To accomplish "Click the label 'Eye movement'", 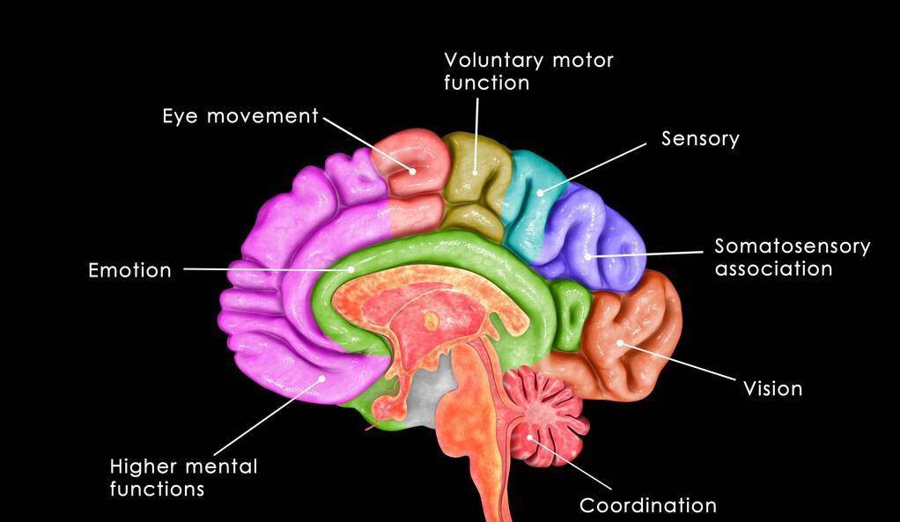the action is pos(240,116).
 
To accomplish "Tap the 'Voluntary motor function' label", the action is pos(528,71).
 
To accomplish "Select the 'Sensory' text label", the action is pos(700,139).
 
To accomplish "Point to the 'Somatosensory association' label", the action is pos(792,258).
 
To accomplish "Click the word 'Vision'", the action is pos(772,388).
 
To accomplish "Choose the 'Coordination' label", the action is pos(648,505).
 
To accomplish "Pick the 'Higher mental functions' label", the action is pos(184,477).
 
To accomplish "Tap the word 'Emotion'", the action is pos(129,270).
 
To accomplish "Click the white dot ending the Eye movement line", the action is pos(412,171).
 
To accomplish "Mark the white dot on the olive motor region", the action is pos(476,172).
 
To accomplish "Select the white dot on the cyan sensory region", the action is pos(540,193).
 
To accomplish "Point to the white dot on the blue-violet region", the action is pos(587,256).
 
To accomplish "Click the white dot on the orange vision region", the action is pos(620,343).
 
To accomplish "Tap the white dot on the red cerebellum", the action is pos(530,439).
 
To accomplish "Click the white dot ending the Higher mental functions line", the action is pos(322,378).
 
